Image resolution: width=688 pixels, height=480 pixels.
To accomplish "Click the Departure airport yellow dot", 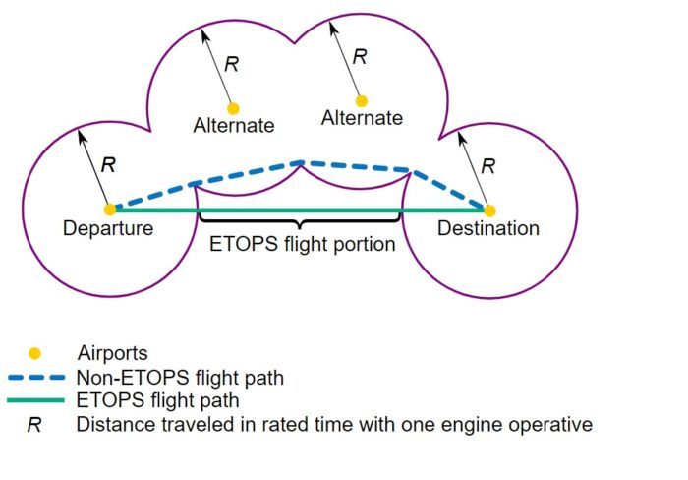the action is pos(110,210).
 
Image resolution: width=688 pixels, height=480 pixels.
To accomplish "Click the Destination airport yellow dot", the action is pos(489,210).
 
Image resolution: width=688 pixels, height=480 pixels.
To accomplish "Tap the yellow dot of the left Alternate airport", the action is pos(233,108).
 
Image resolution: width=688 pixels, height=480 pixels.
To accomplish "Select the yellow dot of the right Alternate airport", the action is pos(361,101).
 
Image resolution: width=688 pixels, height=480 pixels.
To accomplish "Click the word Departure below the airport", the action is pos(108,228).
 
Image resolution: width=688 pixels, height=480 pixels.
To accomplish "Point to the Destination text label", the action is pos(488,228).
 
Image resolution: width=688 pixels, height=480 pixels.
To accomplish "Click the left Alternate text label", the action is pos(234,126).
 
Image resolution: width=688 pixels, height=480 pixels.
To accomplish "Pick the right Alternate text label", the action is pos(362,118).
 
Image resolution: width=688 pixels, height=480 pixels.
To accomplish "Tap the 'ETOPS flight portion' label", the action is pos(303,244).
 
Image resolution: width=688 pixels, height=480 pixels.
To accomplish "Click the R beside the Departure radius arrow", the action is pos(108,165).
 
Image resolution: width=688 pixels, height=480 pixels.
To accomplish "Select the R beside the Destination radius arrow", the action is pos(488,166).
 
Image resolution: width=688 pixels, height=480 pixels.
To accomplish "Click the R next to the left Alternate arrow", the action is pos(231,65).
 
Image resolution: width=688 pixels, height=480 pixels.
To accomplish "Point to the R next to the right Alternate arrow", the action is pos(360,57).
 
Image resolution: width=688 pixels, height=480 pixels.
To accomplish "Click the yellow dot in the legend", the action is pos(34,353).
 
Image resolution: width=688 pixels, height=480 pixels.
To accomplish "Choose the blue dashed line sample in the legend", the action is pos(36,378).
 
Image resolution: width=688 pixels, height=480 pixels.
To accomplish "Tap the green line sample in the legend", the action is pos(36,400).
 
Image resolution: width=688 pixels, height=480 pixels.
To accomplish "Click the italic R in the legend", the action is pos(34,425).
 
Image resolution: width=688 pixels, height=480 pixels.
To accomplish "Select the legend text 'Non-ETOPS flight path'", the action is pos(180,378).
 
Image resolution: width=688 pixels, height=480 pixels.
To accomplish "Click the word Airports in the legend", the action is pos(113,353).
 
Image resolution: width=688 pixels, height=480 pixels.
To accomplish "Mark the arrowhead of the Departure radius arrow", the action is pos(82,137).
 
